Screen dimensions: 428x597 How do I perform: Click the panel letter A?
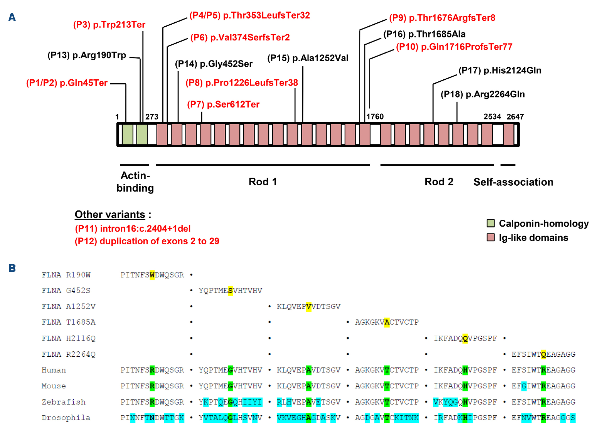(x=12, y=17)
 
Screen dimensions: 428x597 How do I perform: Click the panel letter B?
(x=12, y=268)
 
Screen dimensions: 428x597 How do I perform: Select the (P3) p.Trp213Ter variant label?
(x=109, y=25)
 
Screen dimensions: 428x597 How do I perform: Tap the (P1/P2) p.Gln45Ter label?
(x=67, y=83)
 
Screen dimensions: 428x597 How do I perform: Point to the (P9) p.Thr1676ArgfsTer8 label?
(x=442, y=18)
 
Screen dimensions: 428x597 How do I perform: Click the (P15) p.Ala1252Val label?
(x=308, y=58)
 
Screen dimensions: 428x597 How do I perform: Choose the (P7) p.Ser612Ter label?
(x=223, y=104)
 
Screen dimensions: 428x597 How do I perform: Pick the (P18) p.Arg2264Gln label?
(x=483, y=94)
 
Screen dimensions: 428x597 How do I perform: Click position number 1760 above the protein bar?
(x=375, y=117)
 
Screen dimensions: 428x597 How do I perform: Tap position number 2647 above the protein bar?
(x=515, y=117)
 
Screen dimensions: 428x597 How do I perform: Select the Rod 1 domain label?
(x=263, y=182)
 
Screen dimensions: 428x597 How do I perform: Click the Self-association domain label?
(x=513, y=182)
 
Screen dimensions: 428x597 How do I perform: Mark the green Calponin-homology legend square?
(x=491, y=223)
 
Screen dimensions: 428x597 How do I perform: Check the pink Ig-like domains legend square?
(x=491, y=237)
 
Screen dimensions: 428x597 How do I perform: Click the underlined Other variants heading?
(x=110, y=214)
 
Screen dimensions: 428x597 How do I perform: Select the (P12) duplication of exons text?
(x=147, y=241)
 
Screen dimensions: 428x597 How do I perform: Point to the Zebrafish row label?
(x=64, y=402)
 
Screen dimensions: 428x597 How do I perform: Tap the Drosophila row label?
(x=66, y=418)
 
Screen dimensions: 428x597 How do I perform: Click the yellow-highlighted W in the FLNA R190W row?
(x=152, y=275)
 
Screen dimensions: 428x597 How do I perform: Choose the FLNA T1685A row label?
(x=68, y=322)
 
